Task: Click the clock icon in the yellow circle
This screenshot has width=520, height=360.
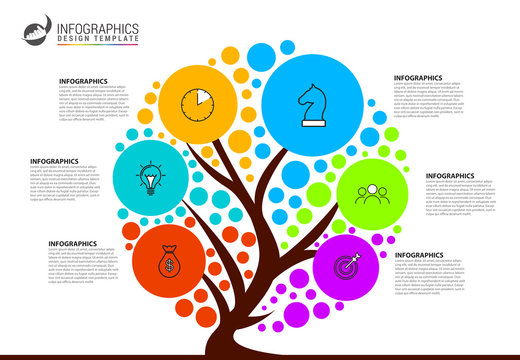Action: (x=197, y=102)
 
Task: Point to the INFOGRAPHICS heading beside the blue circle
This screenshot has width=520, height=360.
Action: (x=418, y=77)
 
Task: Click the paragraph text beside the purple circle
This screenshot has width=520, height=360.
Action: (x=430, y=280)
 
